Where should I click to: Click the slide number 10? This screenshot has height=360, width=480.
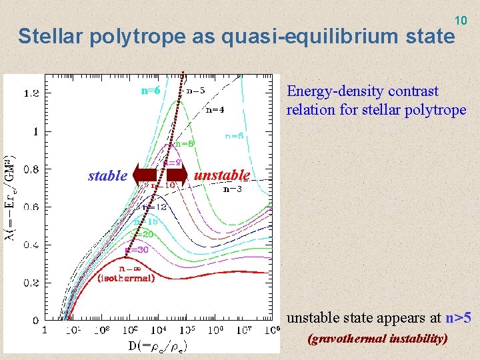pos(461,21)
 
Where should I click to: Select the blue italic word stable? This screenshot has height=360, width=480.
pos(107,176)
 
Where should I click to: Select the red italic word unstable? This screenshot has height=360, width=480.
pos(221,175)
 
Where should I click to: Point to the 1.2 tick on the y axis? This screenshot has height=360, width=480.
pos(31,93)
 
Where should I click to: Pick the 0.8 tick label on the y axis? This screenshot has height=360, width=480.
pos(31,169)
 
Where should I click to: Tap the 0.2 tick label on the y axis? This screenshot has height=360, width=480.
pos(31,283)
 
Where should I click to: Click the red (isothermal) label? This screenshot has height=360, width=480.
pos(126,278)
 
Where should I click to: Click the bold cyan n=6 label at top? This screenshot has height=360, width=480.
pos(151,90)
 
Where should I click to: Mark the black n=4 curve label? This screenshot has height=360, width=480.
pos(214,109)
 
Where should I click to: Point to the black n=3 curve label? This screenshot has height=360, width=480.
pos(231,189)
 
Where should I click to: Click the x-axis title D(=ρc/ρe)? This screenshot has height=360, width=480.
pos(157,345)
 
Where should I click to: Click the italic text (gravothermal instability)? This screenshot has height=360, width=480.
pos(377,339)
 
